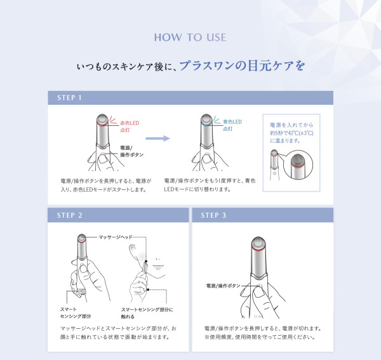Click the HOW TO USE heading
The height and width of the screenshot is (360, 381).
pos(190,37)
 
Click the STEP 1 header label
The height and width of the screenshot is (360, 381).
pos(69,98)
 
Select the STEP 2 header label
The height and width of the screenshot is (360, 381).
pos(69,215)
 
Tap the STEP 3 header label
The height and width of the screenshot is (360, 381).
pos(213,215)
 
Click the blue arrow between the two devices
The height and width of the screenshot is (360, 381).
pos(157,138)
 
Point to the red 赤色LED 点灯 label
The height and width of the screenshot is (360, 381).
pos(130,126)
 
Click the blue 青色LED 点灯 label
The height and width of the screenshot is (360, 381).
pos(232,125)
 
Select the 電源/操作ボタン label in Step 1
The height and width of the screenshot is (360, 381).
pos(131,151)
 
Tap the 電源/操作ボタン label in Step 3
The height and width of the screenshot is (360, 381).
pos(223,286)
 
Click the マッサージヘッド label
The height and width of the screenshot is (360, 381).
pos(116,237)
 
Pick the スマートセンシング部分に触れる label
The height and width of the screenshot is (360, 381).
pos(147,313)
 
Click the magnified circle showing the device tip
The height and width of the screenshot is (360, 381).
pos(298,165)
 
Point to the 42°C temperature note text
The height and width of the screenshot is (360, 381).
pos(291,133)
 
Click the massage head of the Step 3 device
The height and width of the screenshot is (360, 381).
pos(258,243)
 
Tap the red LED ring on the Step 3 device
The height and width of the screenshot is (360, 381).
pos(258,250)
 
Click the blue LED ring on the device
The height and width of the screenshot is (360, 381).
pos(206,124)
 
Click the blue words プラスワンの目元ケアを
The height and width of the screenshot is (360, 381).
pos(242,66)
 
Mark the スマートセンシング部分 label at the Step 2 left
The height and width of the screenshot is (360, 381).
pos(76,312)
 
